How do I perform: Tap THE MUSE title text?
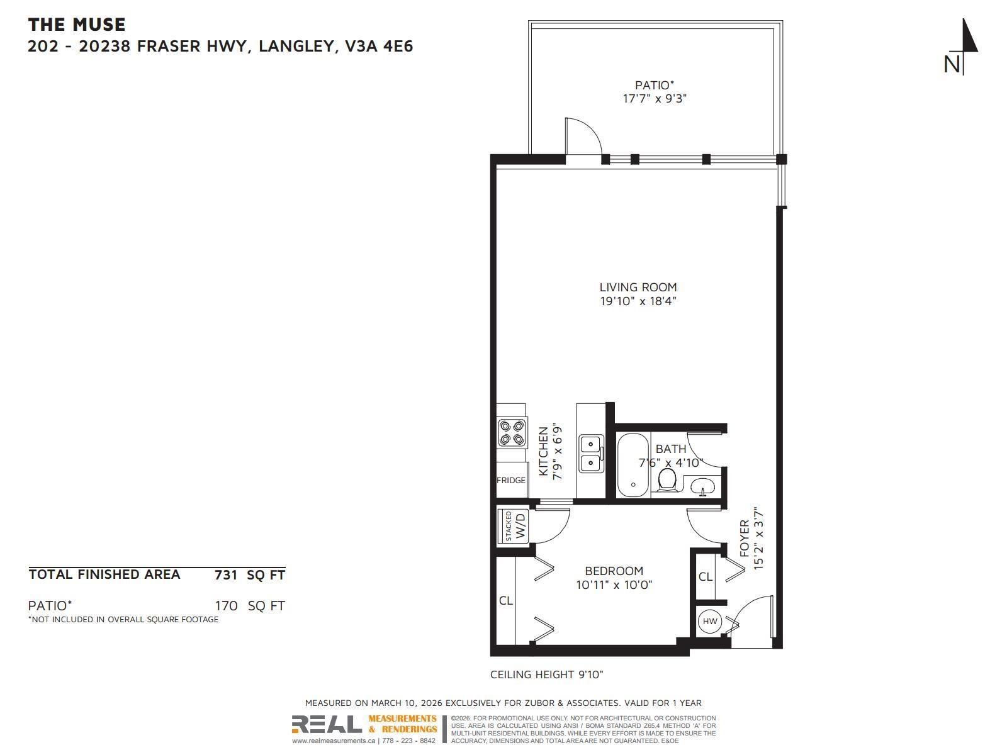click(x=77, y=25)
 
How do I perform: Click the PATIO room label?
click(x=654, y=85)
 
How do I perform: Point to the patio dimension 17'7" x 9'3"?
click(x=654, y=99)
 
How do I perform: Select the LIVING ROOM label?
click(x=638, y=288)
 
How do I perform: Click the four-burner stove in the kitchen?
click(x=511, y=433)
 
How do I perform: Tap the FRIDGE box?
click(x=511, y=480)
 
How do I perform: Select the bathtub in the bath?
click(x=632, y=465)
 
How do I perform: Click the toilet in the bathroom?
click(x=667, y=481)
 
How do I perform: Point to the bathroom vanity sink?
click(x=703, y=486)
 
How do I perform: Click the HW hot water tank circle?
click(x=710, y=622)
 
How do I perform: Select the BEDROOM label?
click(x=614, y=571)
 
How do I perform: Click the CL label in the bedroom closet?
click(x=505, y=601)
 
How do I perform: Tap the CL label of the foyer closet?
click(x=705, y=576)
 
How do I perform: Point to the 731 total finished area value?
click(x=226, y=574)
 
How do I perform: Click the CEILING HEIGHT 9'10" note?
click(x=546, y=674)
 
